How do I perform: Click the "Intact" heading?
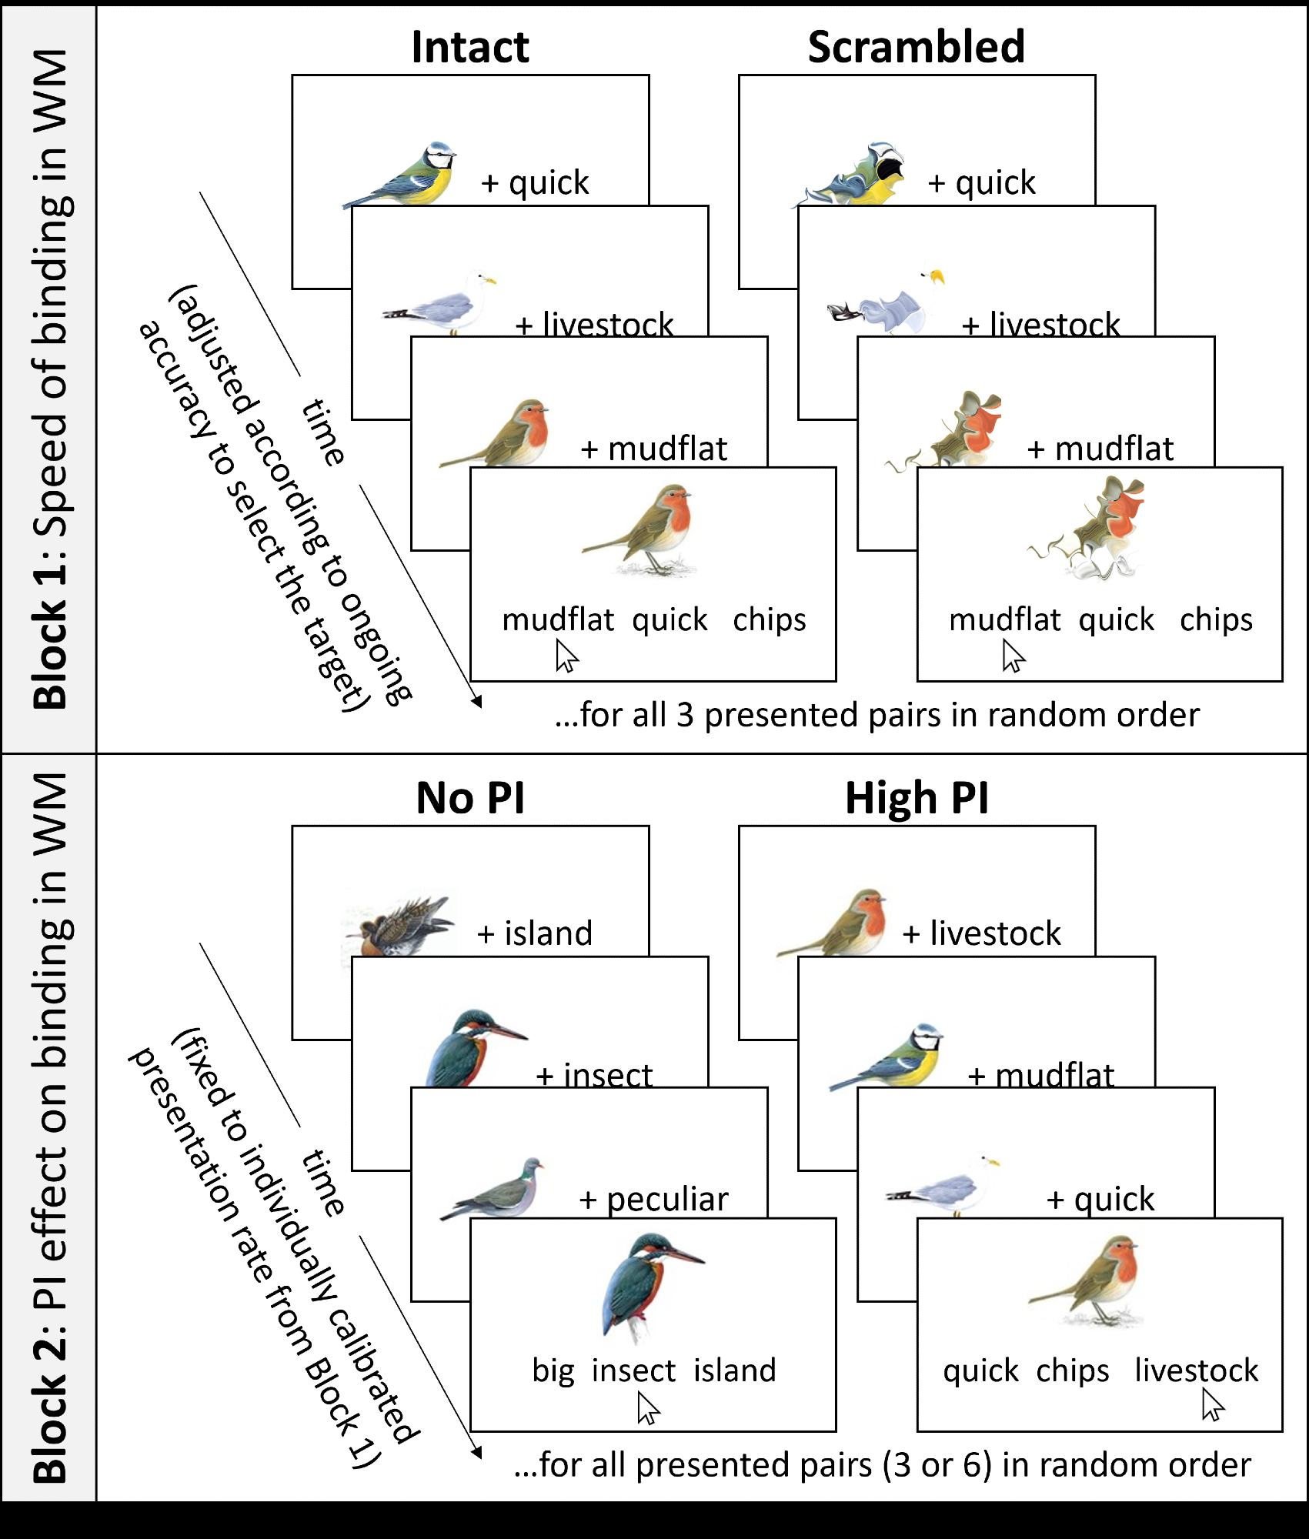tap(470, 47)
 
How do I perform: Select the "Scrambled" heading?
tap(916, 47)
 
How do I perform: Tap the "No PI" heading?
tap(470, 798)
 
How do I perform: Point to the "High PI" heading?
tap(917, 798)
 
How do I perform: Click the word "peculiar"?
tap(667, 1200)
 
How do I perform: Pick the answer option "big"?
tap(553, 1370)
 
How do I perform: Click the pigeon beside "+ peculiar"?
tap(496, 1190)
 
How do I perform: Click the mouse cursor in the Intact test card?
tap(566, 657)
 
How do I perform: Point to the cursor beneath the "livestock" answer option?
tap(1212, 1404)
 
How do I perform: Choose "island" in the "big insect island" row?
tap(735, 1370)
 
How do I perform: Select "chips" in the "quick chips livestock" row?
tap(1073, 1370)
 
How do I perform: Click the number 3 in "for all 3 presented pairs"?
tap(685, 715)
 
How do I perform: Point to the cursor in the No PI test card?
tap(647, 1409)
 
